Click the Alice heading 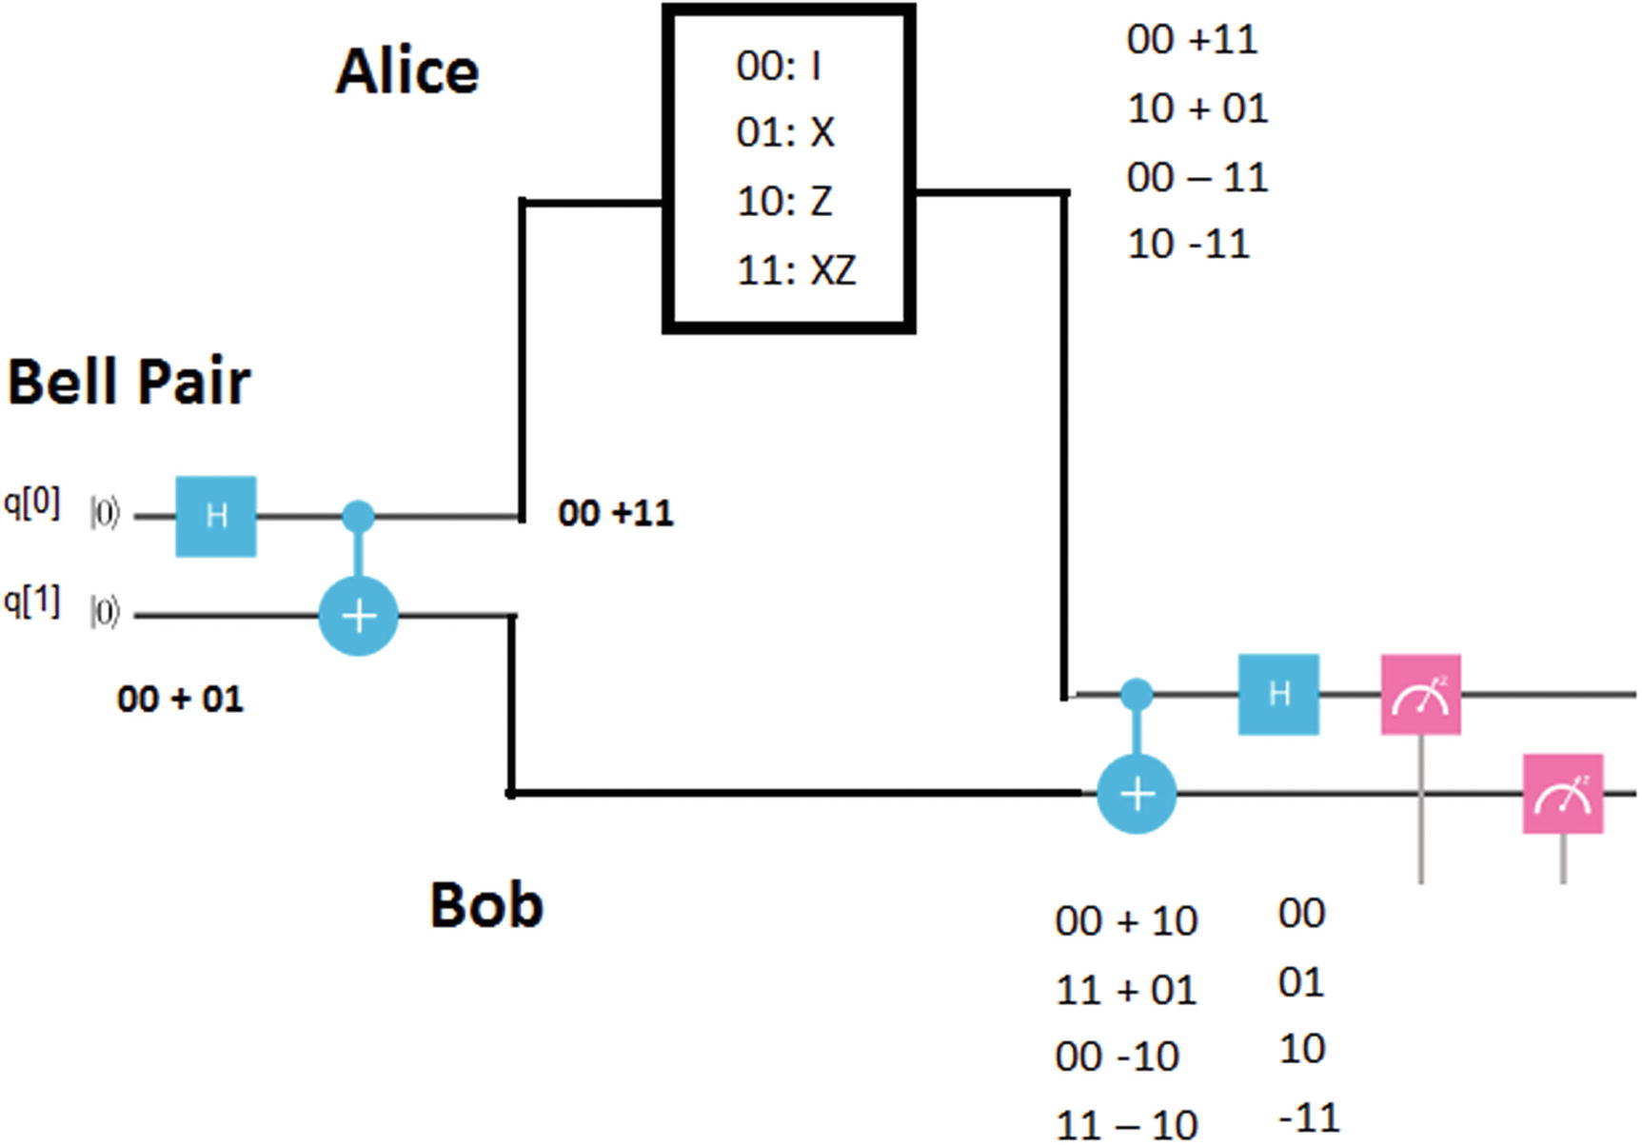tap(407, 72)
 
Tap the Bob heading tap(486, 904)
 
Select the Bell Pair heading tap(129, 382)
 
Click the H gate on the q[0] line tap(216, 516)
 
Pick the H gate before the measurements tap(1278, 694)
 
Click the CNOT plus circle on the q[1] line tap(358, 616)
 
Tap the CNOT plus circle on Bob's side tap(1137, 793)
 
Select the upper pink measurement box tap(1420, 694)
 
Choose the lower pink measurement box tap(1562, 794)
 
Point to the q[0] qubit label tap(32, 503)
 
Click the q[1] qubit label tap(32, 602)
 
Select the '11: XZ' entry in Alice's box tap(796, 270)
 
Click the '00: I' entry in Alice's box tap(779, 66)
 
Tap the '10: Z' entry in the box tap(784, 201)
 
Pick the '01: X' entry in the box tap(785, 132)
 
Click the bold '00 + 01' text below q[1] tap(180, 700)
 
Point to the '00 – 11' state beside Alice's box tap(1197, 177)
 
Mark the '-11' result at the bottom tap(1309, 1116)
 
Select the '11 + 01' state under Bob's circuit tap(1125, 991)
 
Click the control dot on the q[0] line tap(358, 516)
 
